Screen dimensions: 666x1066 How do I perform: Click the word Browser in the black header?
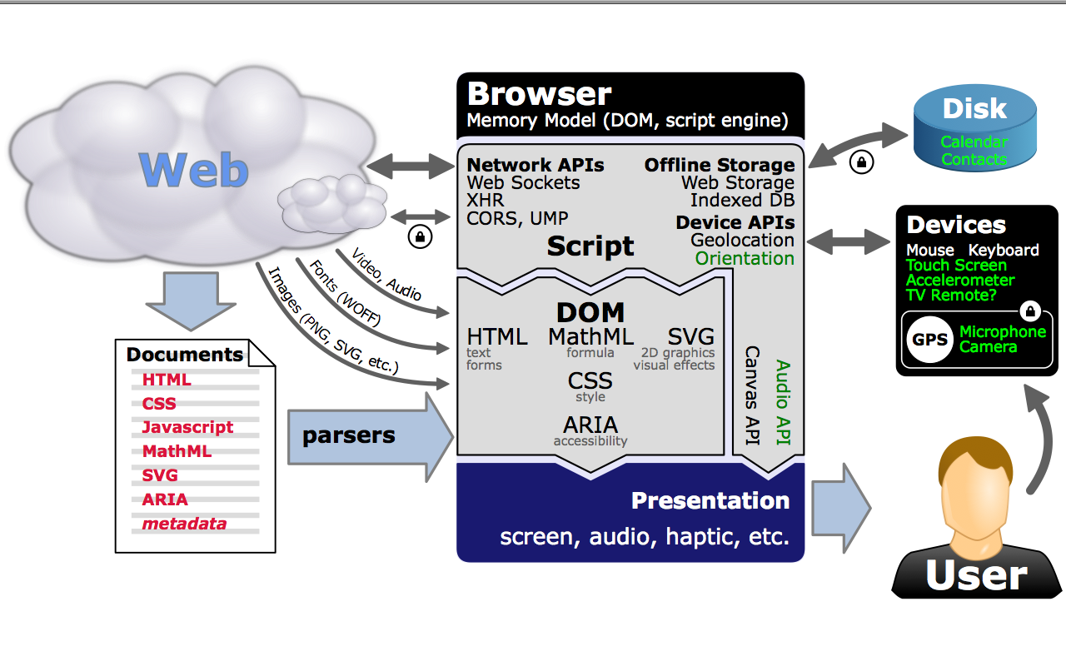coord(539,93)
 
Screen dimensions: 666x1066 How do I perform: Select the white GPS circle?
coord(929,340)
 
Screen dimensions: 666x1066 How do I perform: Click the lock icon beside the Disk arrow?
coord(861,162)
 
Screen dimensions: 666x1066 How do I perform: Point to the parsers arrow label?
coord(348,435)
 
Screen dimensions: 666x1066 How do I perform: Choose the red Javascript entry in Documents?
coord(187,427)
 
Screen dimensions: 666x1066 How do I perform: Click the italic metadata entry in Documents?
coord(184,524)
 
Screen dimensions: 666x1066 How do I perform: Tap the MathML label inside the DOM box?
coord(590,337)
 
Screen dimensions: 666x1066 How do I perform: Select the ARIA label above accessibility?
coord(590,425)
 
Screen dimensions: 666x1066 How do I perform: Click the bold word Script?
coord(590,246)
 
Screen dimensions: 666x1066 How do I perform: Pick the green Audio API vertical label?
coord(783,403)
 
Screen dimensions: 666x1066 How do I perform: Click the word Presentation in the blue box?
coord(710,500)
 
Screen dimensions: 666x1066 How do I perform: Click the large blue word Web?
coord(194,169)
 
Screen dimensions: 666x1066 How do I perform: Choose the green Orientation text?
coord(745,258)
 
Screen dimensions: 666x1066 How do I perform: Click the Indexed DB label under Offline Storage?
coord(742,201)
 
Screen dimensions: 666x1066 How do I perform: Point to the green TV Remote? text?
coord(951,296)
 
